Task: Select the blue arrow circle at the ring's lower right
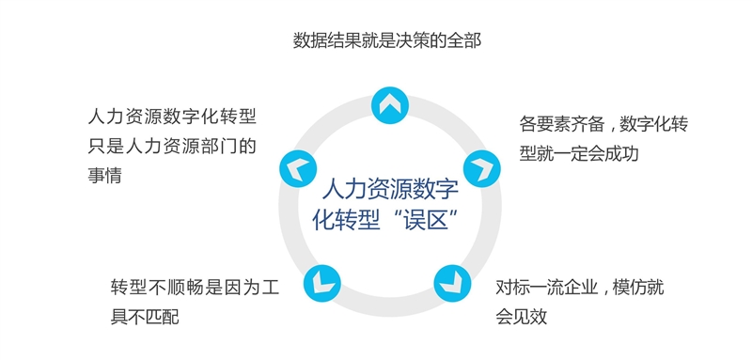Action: point(449,280)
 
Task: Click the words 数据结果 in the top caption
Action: point(329,39)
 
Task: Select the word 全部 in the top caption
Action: point(462,39)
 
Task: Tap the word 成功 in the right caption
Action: point(620,152)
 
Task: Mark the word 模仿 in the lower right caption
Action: point(635,288)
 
